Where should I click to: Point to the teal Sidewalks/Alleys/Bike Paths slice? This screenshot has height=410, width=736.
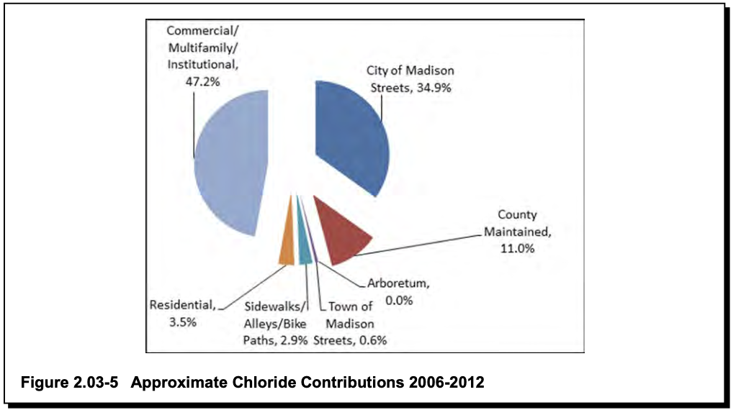pos(304,241)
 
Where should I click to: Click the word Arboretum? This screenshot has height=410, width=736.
pos(396,285)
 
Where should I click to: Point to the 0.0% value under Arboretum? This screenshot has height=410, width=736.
pos(399,301)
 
